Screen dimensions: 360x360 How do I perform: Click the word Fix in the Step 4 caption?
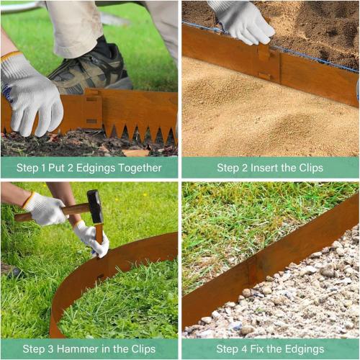(262, 349)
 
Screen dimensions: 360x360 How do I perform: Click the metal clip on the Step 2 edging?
(264, 61)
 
